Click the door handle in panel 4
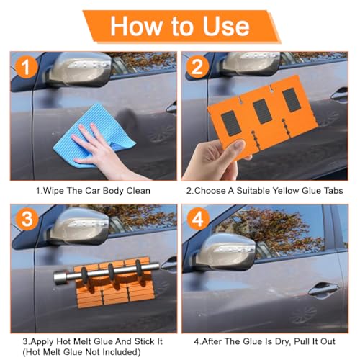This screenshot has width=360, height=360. [323, 289]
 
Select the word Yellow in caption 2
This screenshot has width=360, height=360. [285, 191]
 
